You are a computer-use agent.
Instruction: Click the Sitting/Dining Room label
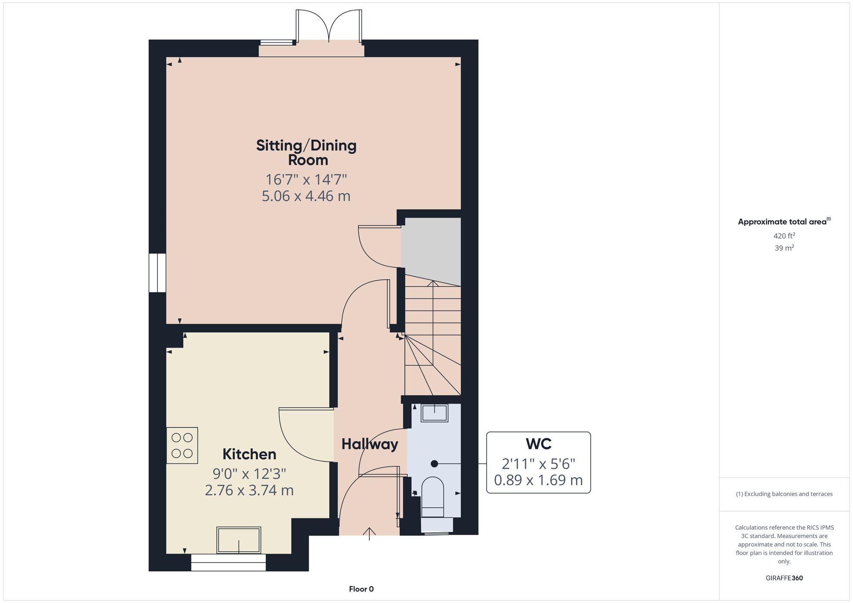[x=307, y=152]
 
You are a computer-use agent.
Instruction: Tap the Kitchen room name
[x=250, y=454]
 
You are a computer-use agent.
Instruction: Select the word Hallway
[x=370, y=444]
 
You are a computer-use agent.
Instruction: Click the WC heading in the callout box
[x=539, y=444]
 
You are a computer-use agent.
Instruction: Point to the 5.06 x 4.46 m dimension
[x=306, y=196]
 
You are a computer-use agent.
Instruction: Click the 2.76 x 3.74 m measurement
[x=250, y=490]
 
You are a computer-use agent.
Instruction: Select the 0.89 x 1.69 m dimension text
[x=538, y=480]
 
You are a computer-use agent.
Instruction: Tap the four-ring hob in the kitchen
[x=182, y=445]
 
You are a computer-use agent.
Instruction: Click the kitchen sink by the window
[x=239, y=540]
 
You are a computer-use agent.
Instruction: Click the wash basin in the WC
[x=435, y=413]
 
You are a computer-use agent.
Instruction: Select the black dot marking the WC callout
[x=434, y=464]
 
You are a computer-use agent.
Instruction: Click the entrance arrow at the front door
[x=369, y=534]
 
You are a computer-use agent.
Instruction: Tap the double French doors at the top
[x=329, y=26]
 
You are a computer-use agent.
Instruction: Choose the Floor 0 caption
[x=361, y=589]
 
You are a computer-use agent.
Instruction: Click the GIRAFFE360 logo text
[x=784, y=578]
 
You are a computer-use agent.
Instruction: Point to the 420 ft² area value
[x=784, y=235]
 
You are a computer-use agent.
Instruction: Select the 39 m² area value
[x=784, y=248]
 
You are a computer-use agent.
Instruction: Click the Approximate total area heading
[x=784, y=221]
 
